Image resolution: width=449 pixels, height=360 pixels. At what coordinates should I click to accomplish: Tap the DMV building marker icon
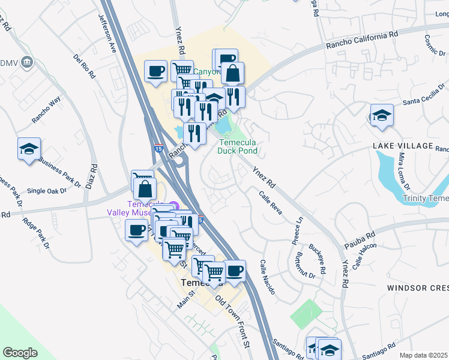26,62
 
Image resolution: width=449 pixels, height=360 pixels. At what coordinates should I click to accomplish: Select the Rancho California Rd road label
362,40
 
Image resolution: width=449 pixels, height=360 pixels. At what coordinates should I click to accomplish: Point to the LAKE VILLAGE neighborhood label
402,146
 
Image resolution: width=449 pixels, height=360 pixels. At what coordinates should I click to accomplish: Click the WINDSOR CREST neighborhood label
418,288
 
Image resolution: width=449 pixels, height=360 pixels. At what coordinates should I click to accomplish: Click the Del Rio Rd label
84,67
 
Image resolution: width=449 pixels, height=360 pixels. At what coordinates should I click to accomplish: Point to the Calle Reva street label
270,202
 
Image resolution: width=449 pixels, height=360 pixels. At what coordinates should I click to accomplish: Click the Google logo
20,353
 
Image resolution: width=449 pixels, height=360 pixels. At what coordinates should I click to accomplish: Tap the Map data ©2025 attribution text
423,355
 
